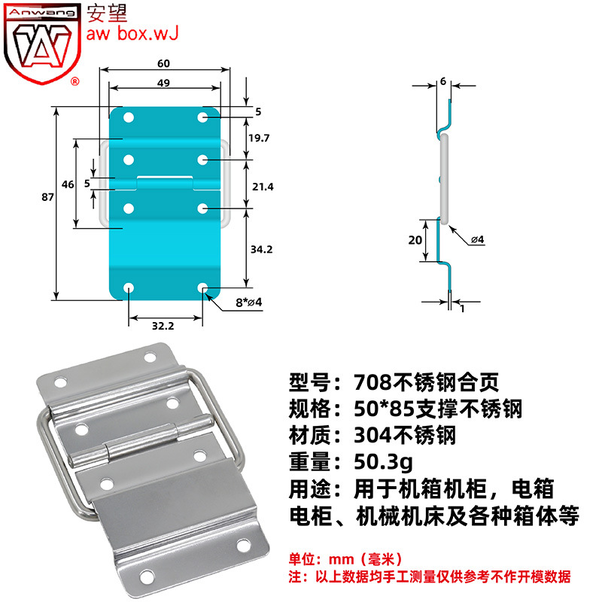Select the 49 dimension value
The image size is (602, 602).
[164, 83]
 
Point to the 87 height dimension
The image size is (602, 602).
[47, 197]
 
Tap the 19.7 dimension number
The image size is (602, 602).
[258, 137]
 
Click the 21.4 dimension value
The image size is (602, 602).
[258, 185]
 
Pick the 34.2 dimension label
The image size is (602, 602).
[258, 248]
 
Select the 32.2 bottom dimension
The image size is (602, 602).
[163, 327]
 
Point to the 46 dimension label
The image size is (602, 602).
[68, 184]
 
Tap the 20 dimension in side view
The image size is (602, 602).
[414, 240]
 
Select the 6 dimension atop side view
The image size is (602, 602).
[443, 81]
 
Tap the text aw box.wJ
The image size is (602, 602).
[132, 34]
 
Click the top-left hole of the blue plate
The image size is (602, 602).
[129, 118]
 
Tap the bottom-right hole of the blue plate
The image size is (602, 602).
[202, 288]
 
